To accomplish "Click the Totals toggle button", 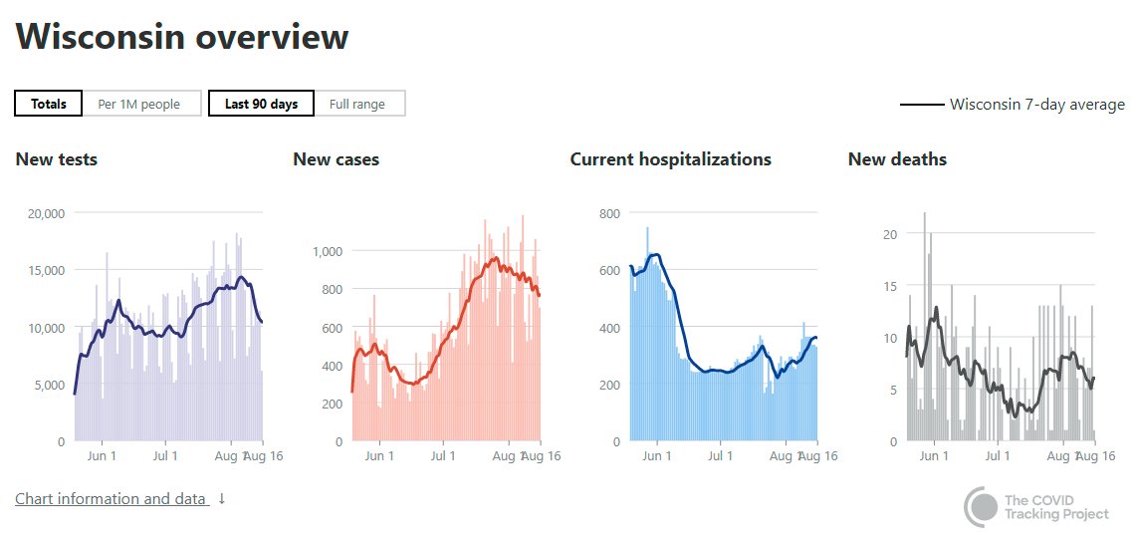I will (x=48, y=104).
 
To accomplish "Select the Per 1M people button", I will (x=139, y=104).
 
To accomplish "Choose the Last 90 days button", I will (x=261, y=104).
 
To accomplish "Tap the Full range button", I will (x=357, y=104).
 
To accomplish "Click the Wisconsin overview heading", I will (x=182, y=38).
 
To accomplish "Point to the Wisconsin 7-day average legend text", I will (x=1037, y=105).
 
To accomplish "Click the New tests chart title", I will (x=57, y=159).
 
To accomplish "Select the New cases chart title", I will (x=336, y=159).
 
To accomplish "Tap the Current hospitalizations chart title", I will (x=670, y=159).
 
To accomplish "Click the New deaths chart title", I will (x=897, y=159).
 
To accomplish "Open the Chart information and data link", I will (x=112, y=499).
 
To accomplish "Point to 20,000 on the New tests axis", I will (x=46, y=213).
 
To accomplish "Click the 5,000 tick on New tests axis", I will (x=49, y=385).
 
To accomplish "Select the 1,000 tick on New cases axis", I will (x=328, y=251).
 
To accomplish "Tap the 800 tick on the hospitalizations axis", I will (x=608, y=213).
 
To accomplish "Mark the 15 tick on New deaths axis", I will (x=888, y=286).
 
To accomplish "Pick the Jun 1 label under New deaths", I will (x=933, y=456).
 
